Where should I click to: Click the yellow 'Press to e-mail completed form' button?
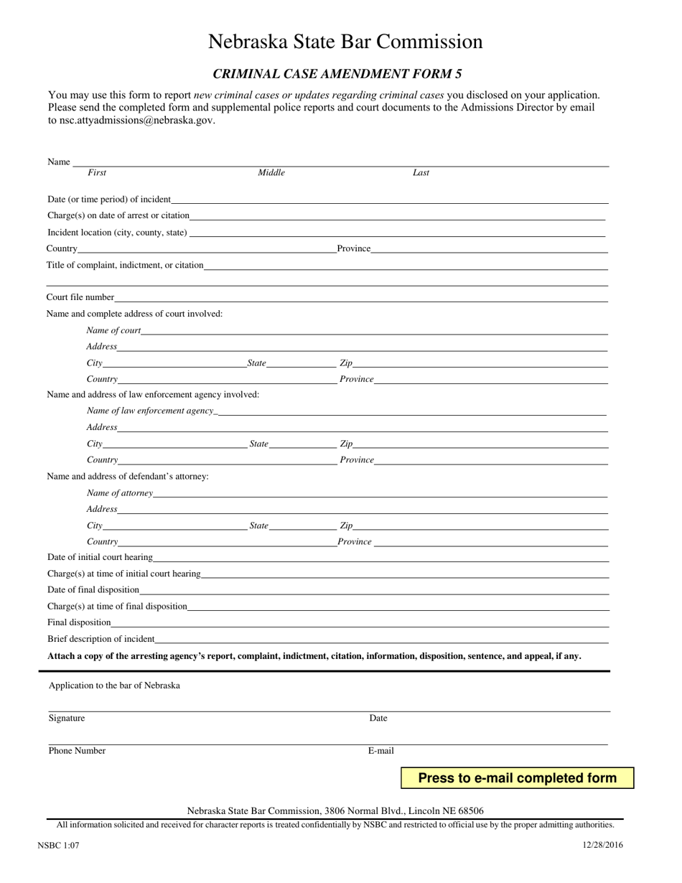[517, 778]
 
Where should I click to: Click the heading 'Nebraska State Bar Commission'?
[345, 42]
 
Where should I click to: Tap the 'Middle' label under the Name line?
[271, 173]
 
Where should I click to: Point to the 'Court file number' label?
[80, 297]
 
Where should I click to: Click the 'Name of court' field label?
[113, 330]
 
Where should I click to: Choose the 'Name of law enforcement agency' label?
[150, 411]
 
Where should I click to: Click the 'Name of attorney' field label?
[119, 493]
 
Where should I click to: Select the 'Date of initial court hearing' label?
[100, 557]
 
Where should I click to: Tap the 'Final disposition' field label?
[79, 622]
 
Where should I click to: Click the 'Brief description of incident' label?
[101, 639]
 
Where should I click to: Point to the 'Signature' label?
[67, 719]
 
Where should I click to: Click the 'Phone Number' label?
[77, 751]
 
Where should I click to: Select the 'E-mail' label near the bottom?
[381, 751]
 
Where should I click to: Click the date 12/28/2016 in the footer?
[603, 845]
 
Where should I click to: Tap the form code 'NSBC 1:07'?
[58, 846]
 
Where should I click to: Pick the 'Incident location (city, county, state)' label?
[117, 233]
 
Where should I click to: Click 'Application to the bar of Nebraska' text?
[114, 686]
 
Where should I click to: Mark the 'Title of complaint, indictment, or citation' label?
[125, 265]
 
